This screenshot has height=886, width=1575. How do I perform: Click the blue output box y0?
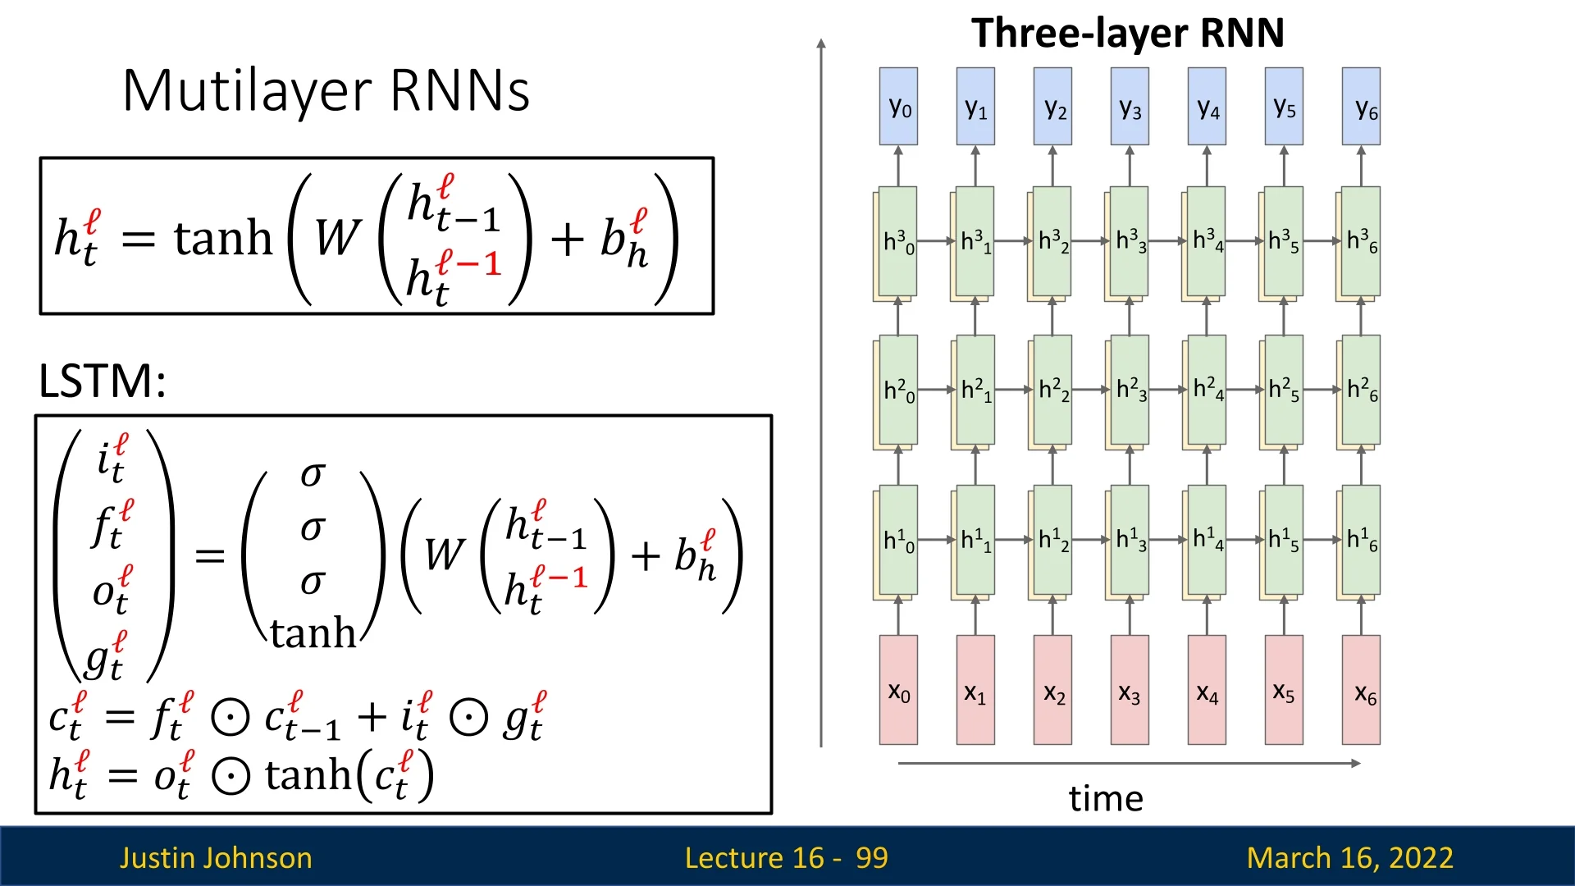click(x=898, y=107)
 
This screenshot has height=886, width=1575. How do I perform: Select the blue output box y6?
click(x=1362, y=107)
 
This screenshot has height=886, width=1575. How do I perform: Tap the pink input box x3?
click(x=1130, y=691)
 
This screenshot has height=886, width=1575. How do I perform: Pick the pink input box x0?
click(x=898, y=691)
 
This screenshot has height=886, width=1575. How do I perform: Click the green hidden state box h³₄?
click(x=1207, y=241)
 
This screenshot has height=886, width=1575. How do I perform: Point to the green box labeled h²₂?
click(x=1052, y=390)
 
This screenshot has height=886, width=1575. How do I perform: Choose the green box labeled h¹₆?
click(x=1362, y=540)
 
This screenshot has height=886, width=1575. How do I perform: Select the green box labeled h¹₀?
click(x=898, y=540)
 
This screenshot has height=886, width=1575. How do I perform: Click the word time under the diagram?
click(x=1106, y=798)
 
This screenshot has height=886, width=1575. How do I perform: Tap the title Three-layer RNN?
click(x=1128, y=34)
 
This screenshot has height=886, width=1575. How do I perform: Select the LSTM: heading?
click(x=103, y=381)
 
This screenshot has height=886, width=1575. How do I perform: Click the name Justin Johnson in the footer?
click(x=216, y=858)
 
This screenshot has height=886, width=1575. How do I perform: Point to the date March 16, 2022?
click(x=1349, y=858)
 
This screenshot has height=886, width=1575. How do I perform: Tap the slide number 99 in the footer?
click(x=871, y=858)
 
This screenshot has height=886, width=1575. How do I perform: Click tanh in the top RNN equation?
click(x=222, y=239)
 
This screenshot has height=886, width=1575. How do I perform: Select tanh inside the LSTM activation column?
click(x=313, y=633)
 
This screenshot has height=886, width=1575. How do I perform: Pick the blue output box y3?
click(x=1130, y=107)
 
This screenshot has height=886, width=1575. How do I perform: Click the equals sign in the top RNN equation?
click(x=138, y=240)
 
